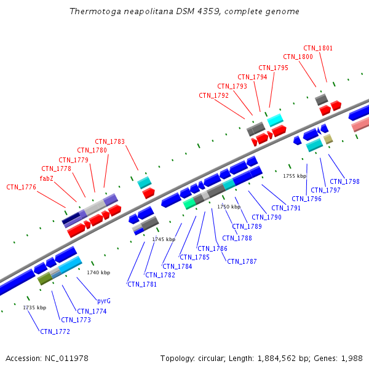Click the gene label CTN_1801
point(318,48)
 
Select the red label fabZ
point(47,178)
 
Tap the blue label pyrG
point(104,301)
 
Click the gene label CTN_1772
point(55,332)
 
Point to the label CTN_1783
point(109,142)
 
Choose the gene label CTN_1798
point(344,181)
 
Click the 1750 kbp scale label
point(229,207)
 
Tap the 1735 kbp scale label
point(34,307)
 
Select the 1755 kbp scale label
point(295,176)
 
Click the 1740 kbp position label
point(98,272)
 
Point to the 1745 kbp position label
point(164,239)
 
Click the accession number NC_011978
point(68,358)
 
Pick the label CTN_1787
point(242,261)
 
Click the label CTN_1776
point(21,187)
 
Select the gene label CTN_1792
point(213,95)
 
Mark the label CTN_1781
point(142,284)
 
